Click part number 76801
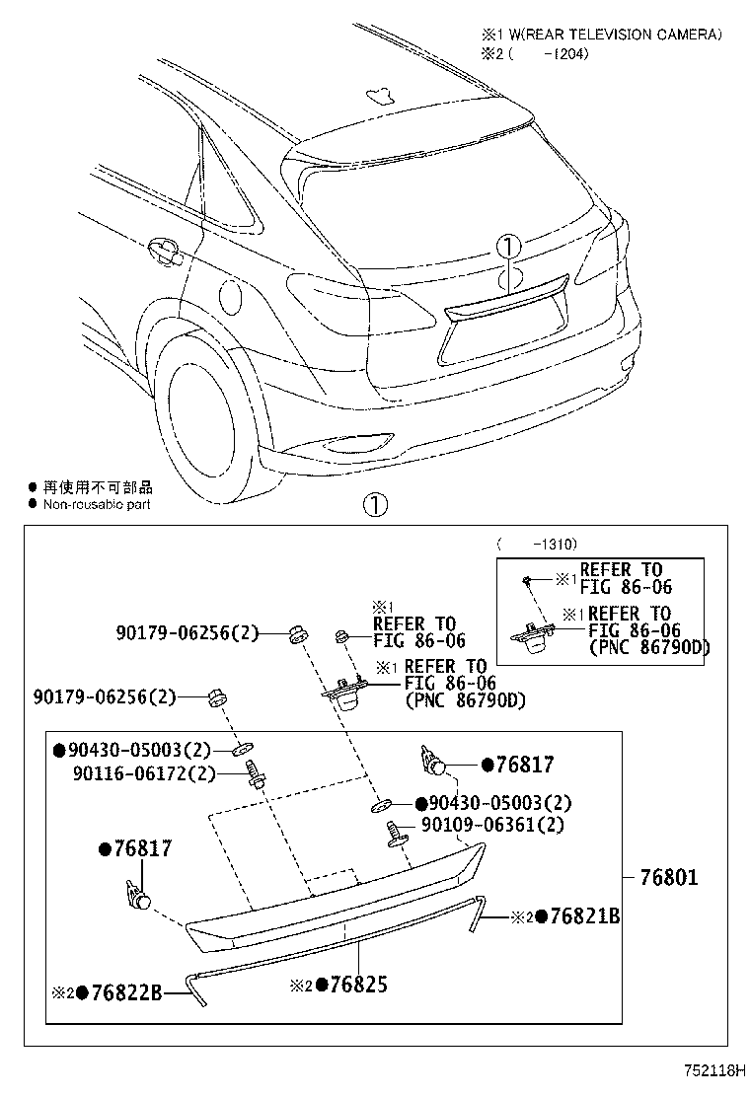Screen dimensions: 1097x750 click(668, 876)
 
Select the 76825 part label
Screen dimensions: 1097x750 click(351, 984)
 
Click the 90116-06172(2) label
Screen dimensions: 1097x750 click(142, 773)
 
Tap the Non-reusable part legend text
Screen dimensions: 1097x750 click(97, 504)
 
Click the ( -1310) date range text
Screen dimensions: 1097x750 click(538, 544)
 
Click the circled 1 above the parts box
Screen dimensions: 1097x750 click(375, 506)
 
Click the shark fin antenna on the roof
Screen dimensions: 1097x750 click(378, 96)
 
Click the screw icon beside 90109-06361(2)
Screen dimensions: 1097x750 click(398, 831)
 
